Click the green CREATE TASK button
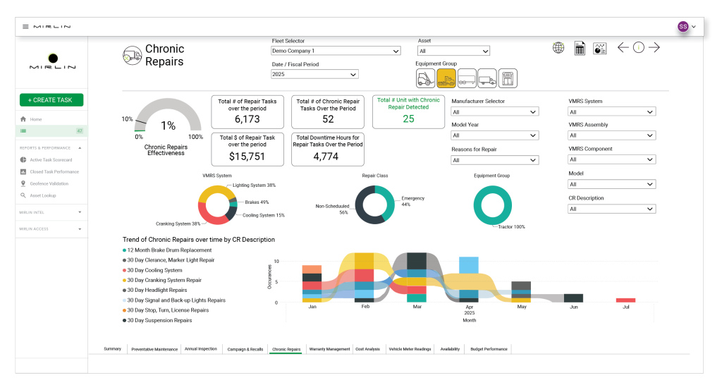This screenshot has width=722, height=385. pyautogui.click(x=51, y=100)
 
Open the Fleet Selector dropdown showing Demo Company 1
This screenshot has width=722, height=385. pyautogui.click(x=336, y=51)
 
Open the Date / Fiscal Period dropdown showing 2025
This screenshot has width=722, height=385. pyautogui.click(x=314, y=74)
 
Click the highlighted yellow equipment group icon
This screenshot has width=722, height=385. pyautogui.click(x=446, y=78)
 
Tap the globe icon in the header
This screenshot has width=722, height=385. pyautogui.click(x=558, y=48)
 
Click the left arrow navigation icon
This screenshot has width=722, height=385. pyautogui.click(x=623, y=48)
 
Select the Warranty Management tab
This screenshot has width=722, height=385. pyautogui.click(x=329, y=349)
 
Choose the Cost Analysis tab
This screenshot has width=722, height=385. pyautogui.click(x=367, y=349)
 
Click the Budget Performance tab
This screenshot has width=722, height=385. pyautogui.click(x=489, y=349)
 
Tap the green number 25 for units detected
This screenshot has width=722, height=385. pyautogui.click(x=408, y=118)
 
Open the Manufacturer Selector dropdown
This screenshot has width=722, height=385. pyautogui.click(x=495, y=111)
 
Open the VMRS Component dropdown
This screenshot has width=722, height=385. pyautogui.click(x=612, y=160)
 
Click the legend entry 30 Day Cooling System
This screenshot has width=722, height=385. pyautogui.click(x=154, y=270)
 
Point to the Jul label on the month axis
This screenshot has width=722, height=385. pyautogui.click(x=625, y=307)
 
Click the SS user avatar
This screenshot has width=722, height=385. pyautogui.click(x=683, y=26)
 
